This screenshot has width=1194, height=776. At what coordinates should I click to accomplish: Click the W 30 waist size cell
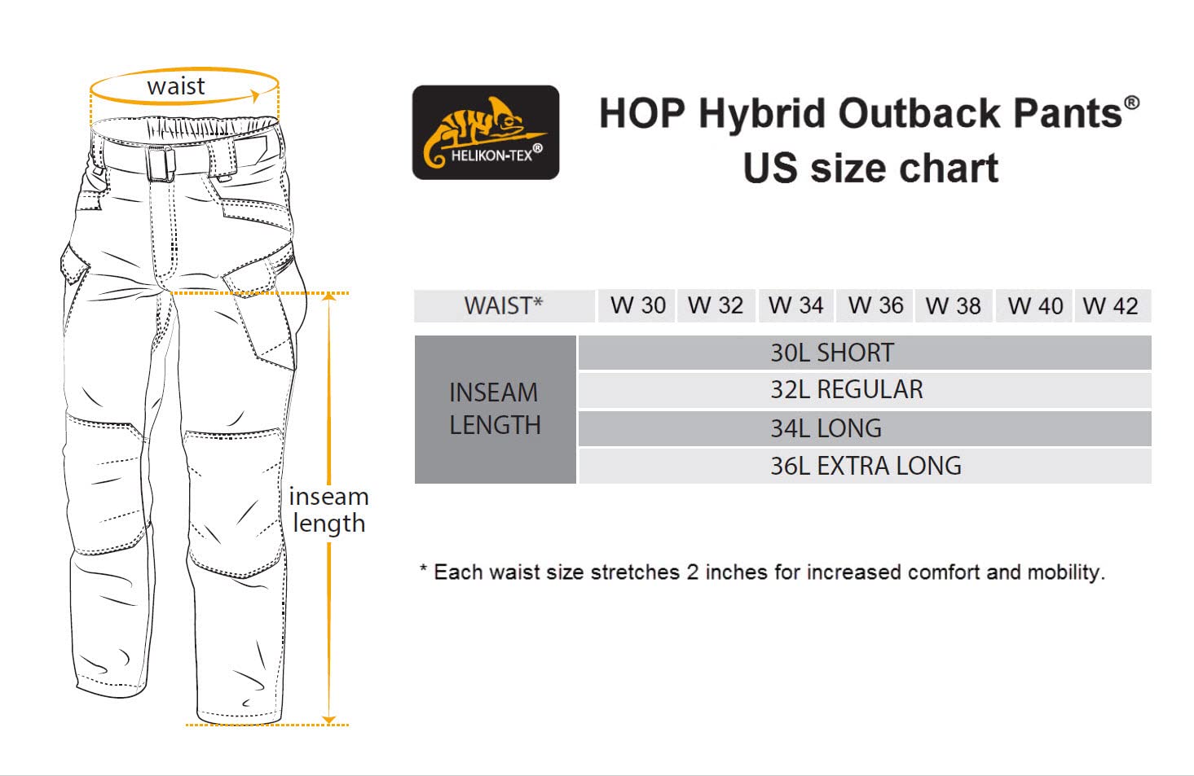coord(637,305)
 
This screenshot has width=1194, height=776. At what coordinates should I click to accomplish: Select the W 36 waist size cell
coord(875,305)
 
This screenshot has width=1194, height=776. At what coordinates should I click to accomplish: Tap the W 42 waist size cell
coord(1113,305)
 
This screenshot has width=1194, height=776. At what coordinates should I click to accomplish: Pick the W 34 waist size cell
coord(795,305)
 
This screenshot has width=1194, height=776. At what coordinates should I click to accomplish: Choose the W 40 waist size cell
coord(1033,305)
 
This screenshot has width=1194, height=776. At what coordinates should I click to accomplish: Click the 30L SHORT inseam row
coord(865,353)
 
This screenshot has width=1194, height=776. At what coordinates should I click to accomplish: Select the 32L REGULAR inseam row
coord(865,390)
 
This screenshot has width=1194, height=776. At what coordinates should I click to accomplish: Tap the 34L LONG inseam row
coord(865,428)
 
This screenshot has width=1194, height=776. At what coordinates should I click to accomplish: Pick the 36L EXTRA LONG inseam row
coord(865,466)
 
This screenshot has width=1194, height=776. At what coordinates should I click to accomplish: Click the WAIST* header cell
coord(504,305)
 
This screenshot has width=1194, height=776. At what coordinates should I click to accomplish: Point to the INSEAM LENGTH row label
coord(496,409)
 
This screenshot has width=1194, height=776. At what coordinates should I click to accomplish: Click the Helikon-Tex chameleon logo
coord(486,132)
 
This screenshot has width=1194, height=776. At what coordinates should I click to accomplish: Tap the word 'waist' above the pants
coord(176,86)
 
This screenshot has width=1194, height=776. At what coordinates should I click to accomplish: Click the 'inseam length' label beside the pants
coord(328,511)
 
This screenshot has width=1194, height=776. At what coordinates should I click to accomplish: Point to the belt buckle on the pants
coord(161,164)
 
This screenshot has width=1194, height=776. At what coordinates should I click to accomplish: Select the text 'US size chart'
coord(870,169)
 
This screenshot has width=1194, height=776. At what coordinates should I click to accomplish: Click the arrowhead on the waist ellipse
coord(256,96)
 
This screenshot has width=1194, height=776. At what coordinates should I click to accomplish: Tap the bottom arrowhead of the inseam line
coord(329,720)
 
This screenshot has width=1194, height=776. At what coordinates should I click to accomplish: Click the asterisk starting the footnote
coord(424,568)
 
